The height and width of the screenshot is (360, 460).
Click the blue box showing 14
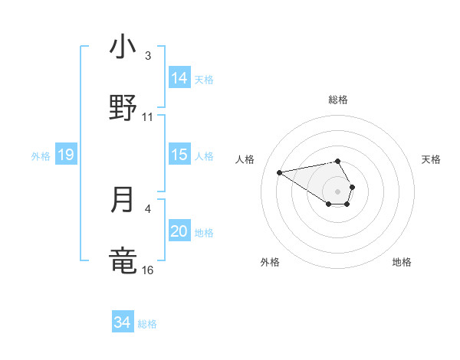tap(179, 78)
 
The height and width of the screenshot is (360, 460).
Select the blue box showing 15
tap(179, 155)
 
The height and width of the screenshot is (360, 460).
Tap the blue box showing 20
tap(179, 231)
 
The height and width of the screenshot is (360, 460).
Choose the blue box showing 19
tap(65, 155)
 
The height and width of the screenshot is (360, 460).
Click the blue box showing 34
tap(123, 322)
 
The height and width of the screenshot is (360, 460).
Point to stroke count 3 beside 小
tap(148, 56)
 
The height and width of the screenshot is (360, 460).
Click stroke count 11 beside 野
tap(148, 117)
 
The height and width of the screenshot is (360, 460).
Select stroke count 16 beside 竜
tap(148, 270)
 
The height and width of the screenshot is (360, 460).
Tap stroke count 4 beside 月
tap(148, 208)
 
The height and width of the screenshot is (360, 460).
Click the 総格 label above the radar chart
tap(337, 100)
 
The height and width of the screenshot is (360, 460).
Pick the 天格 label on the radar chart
tap(431, 159)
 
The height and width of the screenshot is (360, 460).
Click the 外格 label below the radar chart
tap(270, 262)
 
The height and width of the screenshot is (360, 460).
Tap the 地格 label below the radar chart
tap(402, 262)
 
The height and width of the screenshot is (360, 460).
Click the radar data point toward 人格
tap(280, 172)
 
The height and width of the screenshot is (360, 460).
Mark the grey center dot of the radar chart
tap(337, 191)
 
